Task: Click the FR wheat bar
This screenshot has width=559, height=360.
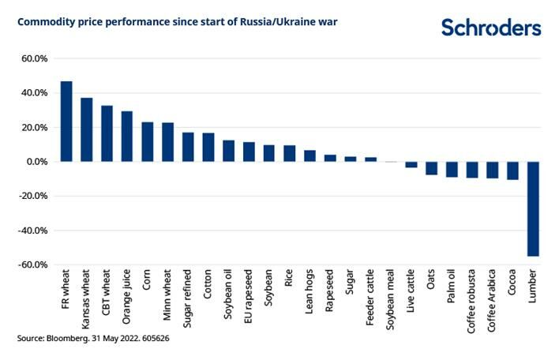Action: (x=66, y=122)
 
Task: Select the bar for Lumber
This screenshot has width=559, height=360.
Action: (x=533, y=208)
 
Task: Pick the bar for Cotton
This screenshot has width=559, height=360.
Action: (x=208, y=147)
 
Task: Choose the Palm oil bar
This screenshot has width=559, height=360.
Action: (x=452, y=169)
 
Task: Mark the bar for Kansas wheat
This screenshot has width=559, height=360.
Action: (x=87, y=129)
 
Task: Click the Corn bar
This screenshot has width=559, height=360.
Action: (x=148, y=141)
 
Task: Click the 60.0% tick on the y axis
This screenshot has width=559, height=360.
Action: (x=34, y=58)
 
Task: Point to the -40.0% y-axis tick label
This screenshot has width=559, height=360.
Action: (x=32, y=231)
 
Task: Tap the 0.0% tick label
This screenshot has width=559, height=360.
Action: (x=36, y=162)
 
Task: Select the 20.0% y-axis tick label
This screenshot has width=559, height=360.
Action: (x=34, y=127)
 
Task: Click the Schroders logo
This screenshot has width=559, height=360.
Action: (x=491, y=28)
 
